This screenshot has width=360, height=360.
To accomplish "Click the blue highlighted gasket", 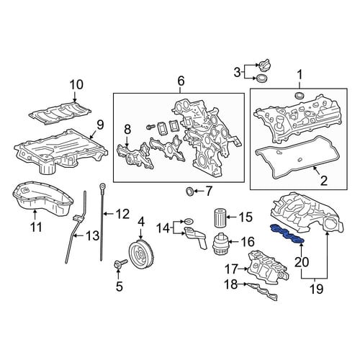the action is tap(287, 235).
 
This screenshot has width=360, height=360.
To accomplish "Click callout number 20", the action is tap(302, 262).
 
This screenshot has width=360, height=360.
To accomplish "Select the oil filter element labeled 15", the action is tap(219, 218).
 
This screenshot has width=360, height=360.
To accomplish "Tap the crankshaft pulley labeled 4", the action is tap(141, 255).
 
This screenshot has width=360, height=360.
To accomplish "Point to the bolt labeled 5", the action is tap(120, 265).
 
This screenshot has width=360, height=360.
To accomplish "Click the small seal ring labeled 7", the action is tap(190, 192).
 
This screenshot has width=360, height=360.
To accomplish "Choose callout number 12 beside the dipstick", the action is tap(123, 214).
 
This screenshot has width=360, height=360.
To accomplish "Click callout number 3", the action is tap(237, 72).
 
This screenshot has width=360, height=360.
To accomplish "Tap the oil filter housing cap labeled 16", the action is tap(220, 243).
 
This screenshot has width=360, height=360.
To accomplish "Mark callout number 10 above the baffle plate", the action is tap(76, 85).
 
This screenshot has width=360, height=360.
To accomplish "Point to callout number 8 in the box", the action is tap(127, 130).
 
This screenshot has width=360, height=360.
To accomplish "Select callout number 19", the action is tap(317, 289).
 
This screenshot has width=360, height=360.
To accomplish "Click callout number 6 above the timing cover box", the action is tap(181, 81).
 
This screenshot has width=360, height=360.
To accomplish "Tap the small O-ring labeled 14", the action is tap(189, 220).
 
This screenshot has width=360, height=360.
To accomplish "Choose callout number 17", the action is tap(231, 269).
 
